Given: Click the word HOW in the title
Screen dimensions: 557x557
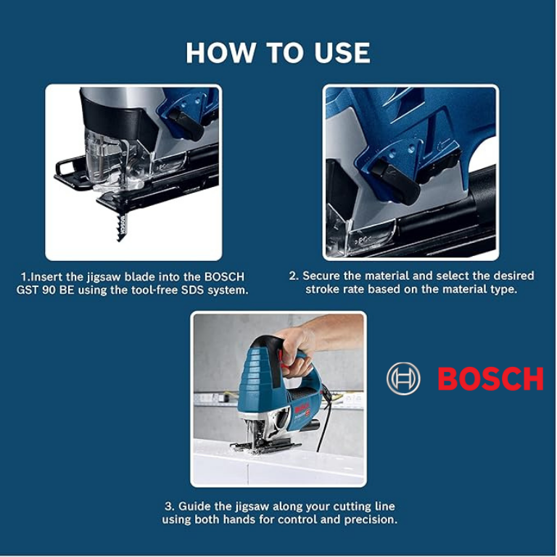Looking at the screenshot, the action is pyautogui.click(x=220, y=52).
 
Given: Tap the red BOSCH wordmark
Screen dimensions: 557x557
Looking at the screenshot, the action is pyautogui.click(x=490, y=379).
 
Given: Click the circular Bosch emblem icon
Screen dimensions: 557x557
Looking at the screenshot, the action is pyautogui.click(x=403, y=379).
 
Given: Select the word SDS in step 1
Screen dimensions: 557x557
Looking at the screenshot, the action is pyautogui.click(x=193, y=290).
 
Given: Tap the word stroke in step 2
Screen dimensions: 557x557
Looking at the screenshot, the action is pyautogui.click(x=323, y=289).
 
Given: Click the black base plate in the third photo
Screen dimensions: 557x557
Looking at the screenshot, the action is pyautogui.click(x=265, y=446).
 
